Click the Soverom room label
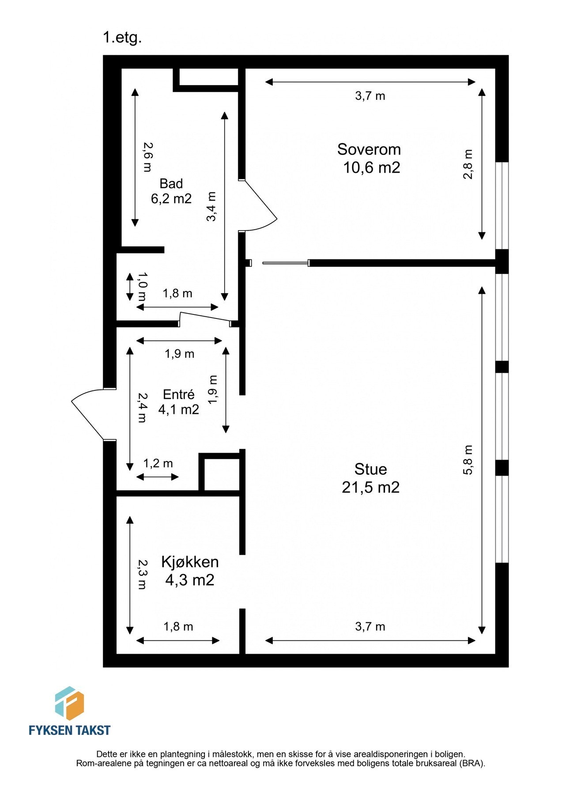pos(369,149)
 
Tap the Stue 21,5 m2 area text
pos(370,488)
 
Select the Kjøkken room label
pos(190,562)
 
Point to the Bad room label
pos(171,183)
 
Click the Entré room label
pos(178,394)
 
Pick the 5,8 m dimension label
pos(468,460)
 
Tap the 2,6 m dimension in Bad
pos(147,157)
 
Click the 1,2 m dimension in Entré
pos(158,463)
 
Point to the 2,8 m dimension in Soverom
pos(468,164)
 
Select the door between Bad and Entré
pos(204,318)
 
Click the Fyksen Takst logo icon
pos(69,704)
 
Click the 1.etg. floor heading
pos(122,38)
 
